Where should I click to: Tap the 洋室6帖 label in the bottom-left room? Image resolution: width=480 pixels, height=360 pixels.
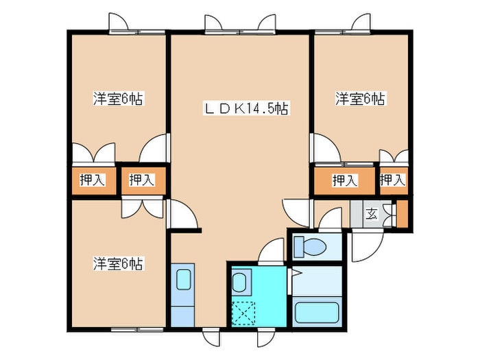tap(118, 263)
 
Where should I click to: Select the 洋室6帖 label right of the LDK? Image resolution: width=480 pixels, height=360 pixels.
tap(360, 99)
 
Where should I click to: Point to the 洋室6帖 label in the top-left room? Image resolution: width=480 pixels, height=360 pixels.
tap(118, 99)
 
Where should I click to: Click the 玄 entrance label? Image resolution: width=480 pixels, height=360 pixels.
tap(371, 214)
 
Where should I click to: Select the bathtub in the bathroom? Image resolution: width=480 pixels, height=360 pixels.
tap(317, 312)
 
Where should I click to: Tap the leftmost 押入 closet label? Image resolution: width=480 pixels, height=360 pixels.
tap(93, 180)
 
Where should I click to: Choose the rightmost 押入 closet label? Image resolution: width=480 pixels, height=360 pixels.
tap(392, 180)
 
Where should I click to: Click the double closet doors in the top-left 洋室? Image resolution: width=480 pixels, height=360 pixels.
tap(92, 153)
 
